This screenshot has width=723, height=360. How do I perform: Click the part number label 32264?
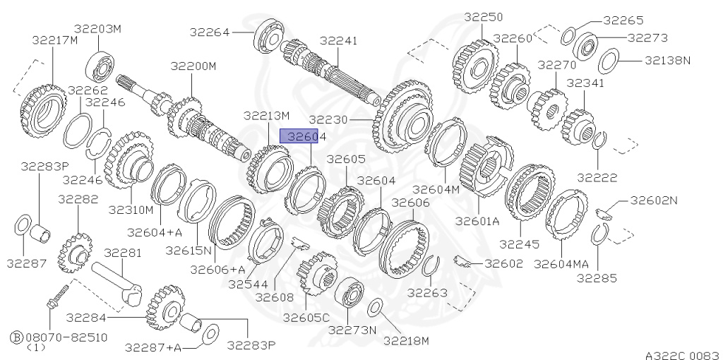[209, 32]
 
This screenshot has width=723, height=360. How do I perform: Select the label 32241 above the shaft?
[338, 40]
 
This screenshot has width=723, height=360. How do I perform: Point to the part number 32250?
[483, 17]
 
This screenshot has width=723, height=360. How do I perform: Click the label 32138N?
[667, 60]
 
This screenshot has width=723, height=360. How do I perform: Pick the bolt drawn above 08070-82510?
[57, 297]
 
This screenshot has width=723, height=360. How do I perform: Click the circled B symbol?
[17, 337]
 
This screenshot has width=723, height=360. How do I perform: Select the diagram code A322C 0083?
[683, 355]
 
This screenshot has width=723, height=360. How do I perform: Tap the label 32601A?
[477, 221]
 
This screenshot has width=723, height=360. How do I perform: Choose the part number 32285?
[597, 278]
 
